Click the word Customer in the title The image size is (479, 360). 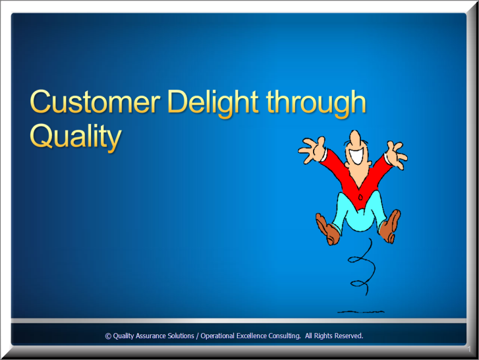tap(95, 102)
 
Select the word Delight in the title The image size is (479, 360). tap(213, 104)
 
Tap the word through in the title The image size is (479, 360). tap(316, 104)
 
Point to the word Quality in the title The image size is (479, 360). tap(76, 136)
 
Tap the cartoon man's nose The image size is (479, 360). tap(355, 138)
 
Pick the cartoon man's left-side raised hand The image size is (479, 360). tap(312, 150)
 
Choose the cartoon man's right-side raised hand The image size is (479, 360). tap(397, 154)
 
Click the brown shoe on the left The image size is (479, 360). tap(328, 229)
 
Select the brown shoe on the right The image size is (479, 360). tap(390, 226)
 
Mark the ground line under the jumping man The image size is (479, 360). tap(361, 312)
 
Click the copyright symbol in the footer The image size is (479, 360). tap(108, 336)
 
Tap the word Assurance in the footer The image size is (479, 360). tap(152, 336)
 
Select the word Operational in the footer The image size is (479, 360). tap(218, 336)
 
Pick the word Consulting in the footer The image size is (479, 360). tap(285, 336)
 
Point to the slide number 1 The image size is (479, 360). tap(469, 349)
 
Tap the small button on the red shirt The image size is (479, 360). tap(360, 196)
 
